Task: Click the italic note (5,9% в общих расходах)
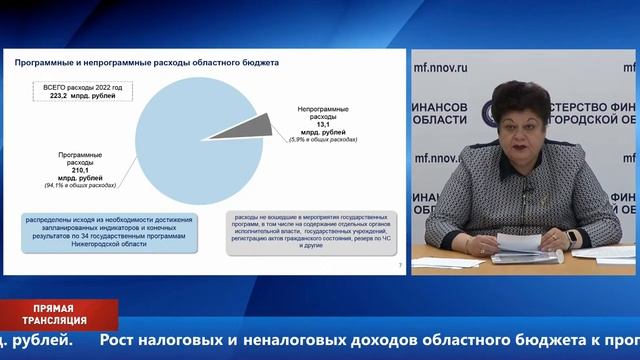[x=323, y=139]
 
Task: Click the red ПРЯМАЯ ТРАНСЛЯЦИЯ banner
[x=58, y=314]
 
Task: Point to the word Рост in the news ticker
[x=121, y=342]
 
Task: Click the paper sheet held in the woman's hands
[x=527, y=243]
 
